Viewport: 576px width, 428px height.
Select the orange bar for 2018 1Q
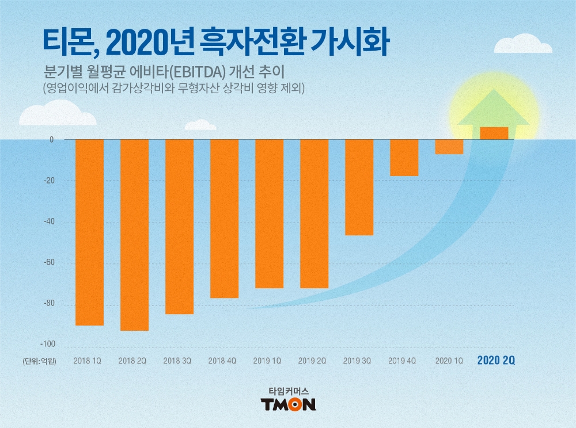pyautogui.click(x=89, y=232)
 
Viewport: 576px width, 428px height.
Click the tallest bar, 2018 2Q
pyautogui.click(x=134, y=235)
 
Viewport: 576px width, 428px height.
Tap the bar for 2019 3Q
pyautogui.click(x=359, y=187)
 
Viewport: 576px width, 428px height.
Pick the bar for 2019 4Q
pyautogui.click(x=404, y=158)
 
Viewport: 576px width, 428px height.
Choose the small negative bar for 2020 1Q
pyautogui.click(x=449, y=147)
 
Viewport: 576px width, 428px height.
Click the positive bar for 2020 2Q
pyautogui.click(x=494, y=133)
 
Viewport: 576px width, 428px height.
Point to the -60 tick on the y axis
pyautogui.click(x=50, y=263)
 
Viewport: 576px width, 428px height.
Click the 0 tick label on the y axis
pyautogui.click(x=51, y=140)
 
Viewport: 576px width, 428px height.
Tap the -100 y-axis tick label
pyautogui.click(x=48, y=344)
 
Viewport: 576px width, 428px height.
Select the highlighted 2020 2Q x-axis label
pyautogui.click(x=496, y=361)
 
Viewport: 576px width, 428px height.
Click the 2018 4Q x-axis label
pyautogui.click(x=222, y=361)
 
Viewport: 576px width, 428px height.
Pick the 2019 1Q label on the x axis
pyautogui.click(x=267, y=361)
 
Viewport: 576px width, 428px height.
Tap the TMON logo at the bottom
pyautogui.click(x=288, y=404)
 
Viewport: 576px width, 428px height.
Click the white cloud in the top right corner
pyautogui.click(x=530, y=44)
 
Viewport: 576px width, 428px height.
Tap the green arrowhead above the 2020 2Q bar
pyautogui.click(x=494, y=109)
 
